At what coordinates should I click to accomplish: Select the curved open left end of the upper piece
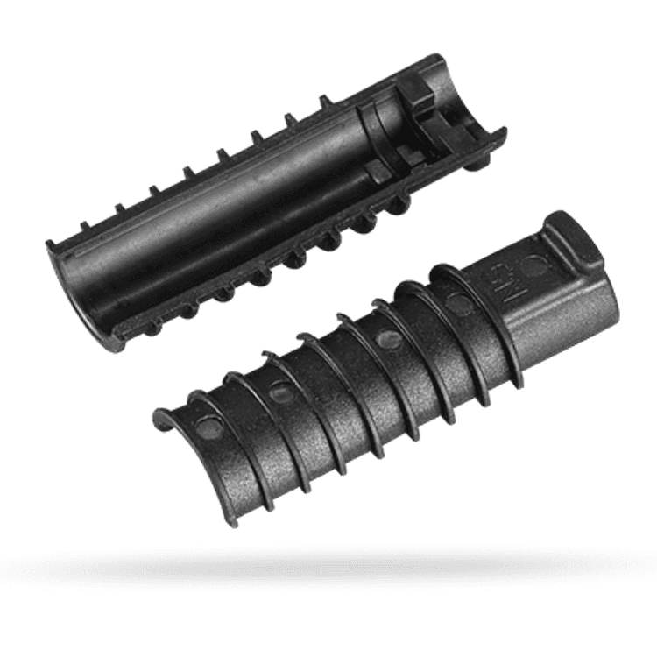74,289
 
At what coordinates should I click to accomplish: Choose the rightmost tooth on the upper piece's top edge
325,103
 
